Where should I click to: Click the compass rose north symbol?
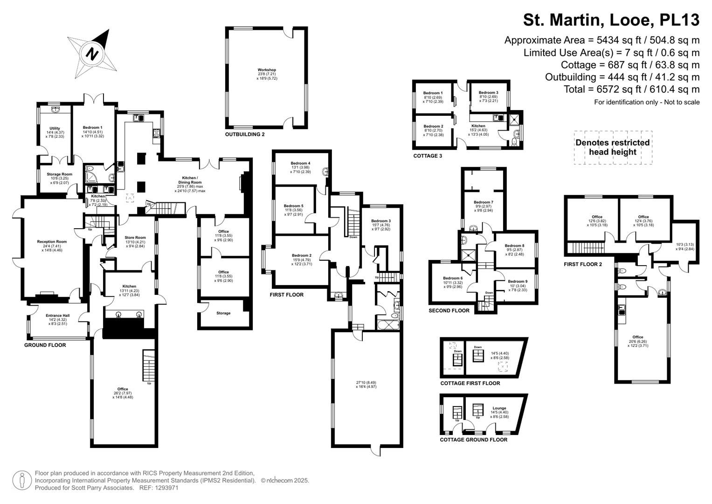coord(93,53)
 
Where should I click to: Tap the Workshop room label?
coord(267,70)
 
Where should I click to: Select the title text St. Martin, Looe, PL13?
coord(611,20)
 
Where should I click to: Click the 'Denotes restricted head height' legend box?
coord(612,147)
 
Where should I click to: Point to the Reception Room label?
coord(52,242)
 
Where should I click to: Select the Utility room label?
coord(55,128)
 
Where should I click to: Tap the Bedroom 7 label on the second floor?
coord(483,203)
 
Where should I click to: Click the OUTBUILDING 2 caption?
coord(245,134)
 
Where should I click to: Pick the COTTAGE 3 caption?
coord(428,156)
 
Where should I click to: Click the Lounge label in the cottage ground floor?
coord(499,408)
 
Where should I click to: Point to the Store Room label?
coord(135,238)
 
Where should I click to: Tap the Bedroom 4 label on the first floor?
coord(300,163)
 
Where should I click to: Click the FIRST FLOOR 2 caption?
coord(583,264)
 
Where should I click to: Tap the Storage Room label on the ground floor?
coord(59,175)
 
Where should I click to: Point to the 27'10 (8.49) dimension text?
coord(366,383)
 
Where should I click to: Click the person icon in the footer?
coord(21,480)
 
